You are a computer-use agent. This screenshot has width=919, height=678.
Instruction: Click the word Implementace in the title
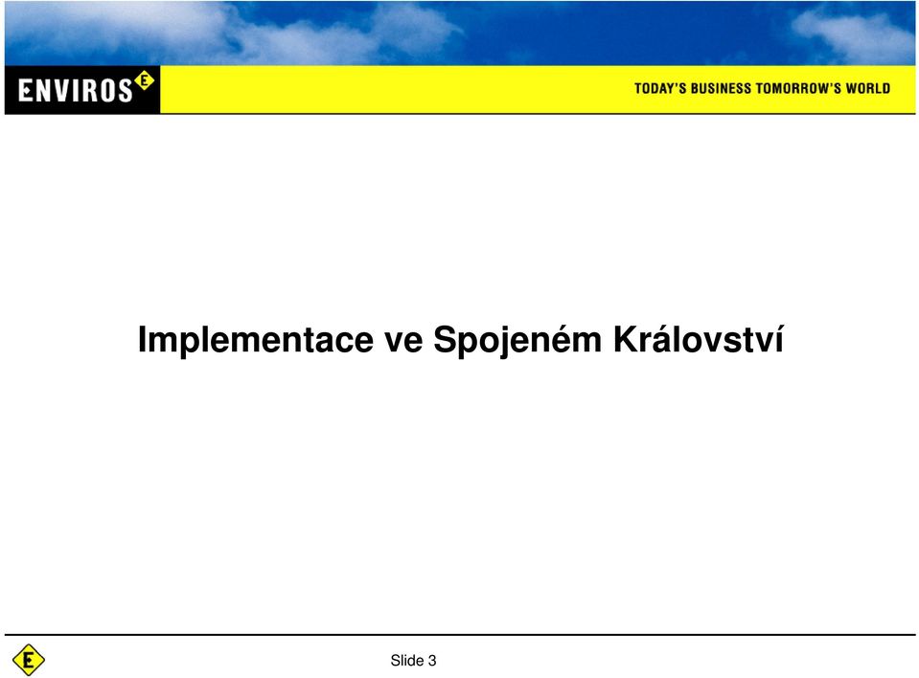tap(256, 341)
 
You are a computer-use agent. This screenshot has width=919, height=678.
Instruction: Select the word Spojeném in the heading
tap(517, 341)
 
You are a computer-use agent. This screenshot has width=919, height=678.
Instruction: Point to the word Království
tap(698, 340)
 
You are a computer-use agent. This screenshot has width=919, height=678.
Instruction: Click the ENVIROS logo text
tap(76, 91)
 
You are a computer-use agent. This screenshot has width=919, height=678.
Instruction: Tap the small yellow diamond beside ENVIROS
tap(144, 80)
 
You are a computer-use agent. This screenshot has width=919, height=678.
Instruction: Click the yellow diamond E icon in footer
tap(28, 660)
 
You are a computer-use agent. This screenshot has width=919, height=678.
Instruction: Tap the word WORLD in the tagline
tap(868, 88)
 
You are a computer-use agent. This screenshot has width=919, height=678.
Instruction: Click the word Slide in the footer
tap(406, 661)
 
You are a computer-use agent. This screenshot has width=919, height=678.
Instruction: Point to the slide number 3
tap(432, 661)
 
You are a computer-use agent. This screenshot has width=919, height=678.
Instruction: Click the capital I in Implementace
tap(143, 340)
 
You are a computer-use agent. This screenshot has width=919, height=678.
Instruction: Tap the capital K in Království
tap(627, 340)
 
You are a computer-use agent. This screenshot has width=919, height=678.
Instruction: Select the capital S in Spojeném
tap(447, 340)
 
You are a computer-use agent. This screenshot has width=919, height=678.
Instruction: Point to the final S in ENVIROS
tap(125, 91)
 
